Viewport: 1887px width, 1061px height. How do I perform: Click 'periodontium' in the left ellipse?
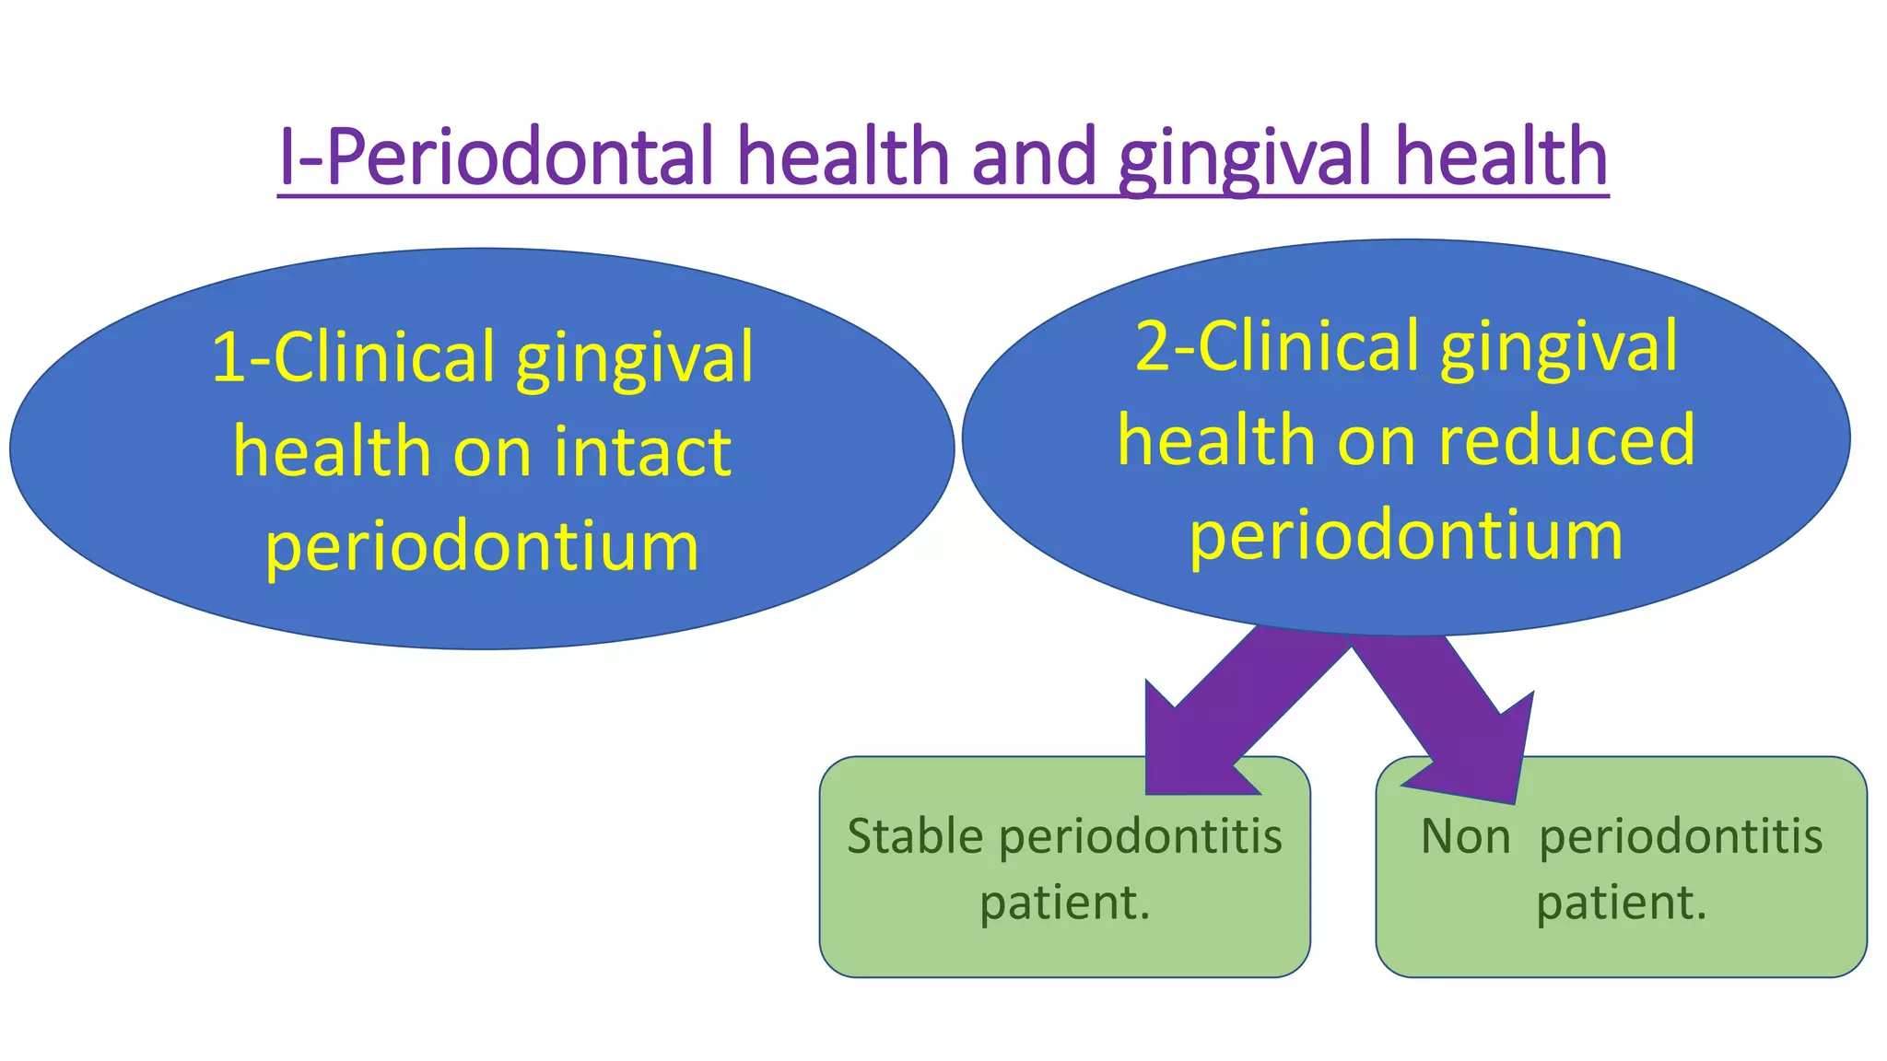(482, 546)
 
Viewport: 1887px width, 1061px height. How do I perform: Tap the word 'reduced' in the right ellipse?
(1566, 440)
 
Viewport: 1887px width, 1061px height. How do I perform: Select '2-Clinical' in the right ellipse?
(1277, 346)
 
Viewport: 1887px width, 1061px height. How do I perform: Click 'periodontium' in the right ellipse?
(1406, 536)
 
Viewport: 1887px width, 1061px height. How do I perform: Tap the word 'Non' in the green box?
(1465, 837)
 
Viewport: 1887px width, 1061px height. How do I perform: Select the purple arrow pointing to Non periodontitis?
(1456, 718)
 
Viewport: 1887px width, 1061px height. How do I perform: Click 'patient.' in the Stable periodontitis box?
(1065, 903)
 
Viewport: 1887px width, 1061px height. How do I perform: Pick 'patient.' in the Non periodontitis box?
(1622, 903)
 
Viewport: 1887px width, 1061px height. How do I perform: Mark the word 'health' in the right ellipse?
(1216, 440)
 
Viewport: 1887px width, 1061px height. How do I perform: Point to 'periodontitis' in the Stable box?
(1141, 837)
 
